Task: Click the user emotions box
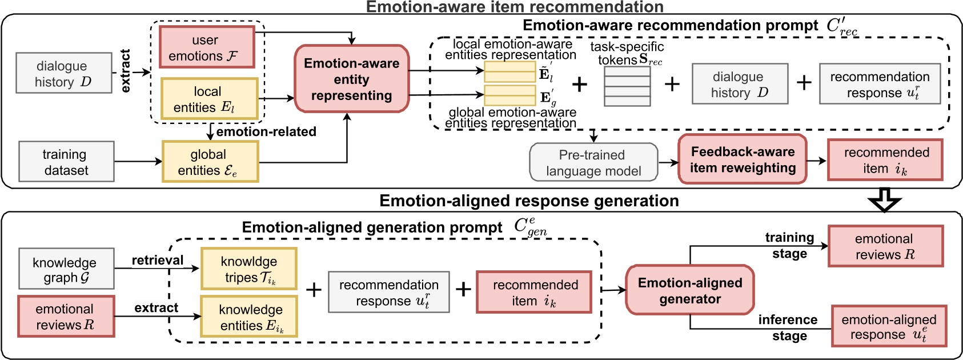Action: pos(206,47)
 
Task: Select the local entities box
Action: pos(209,99)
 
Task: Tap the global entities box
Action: pos(210,162)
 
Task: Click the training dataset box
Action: pos(66,162)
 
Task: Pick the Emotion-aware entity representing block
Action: pos(351,79)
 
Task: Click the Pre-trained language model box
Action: pos(593,163)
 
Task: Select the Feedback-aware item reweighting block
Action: pos(742,159)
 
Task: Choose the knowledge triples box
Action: pos(248,269)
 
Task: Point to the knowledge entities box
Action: pos(248,317)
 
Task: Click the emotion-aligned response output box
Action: pos(888,326)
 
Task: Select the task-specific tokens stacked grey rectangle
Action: pos(627,86)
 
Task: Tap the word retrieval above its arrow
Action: pos(157,260)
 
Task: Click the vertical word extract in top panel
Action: pos(125,71)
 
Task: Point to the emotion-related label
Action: pos(266,131)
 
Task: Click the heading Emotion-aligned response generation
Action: pos(528,201)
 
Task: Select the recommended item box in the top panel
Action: pos(885,160)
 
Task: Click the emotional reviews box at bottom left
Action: pos(66,317)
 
